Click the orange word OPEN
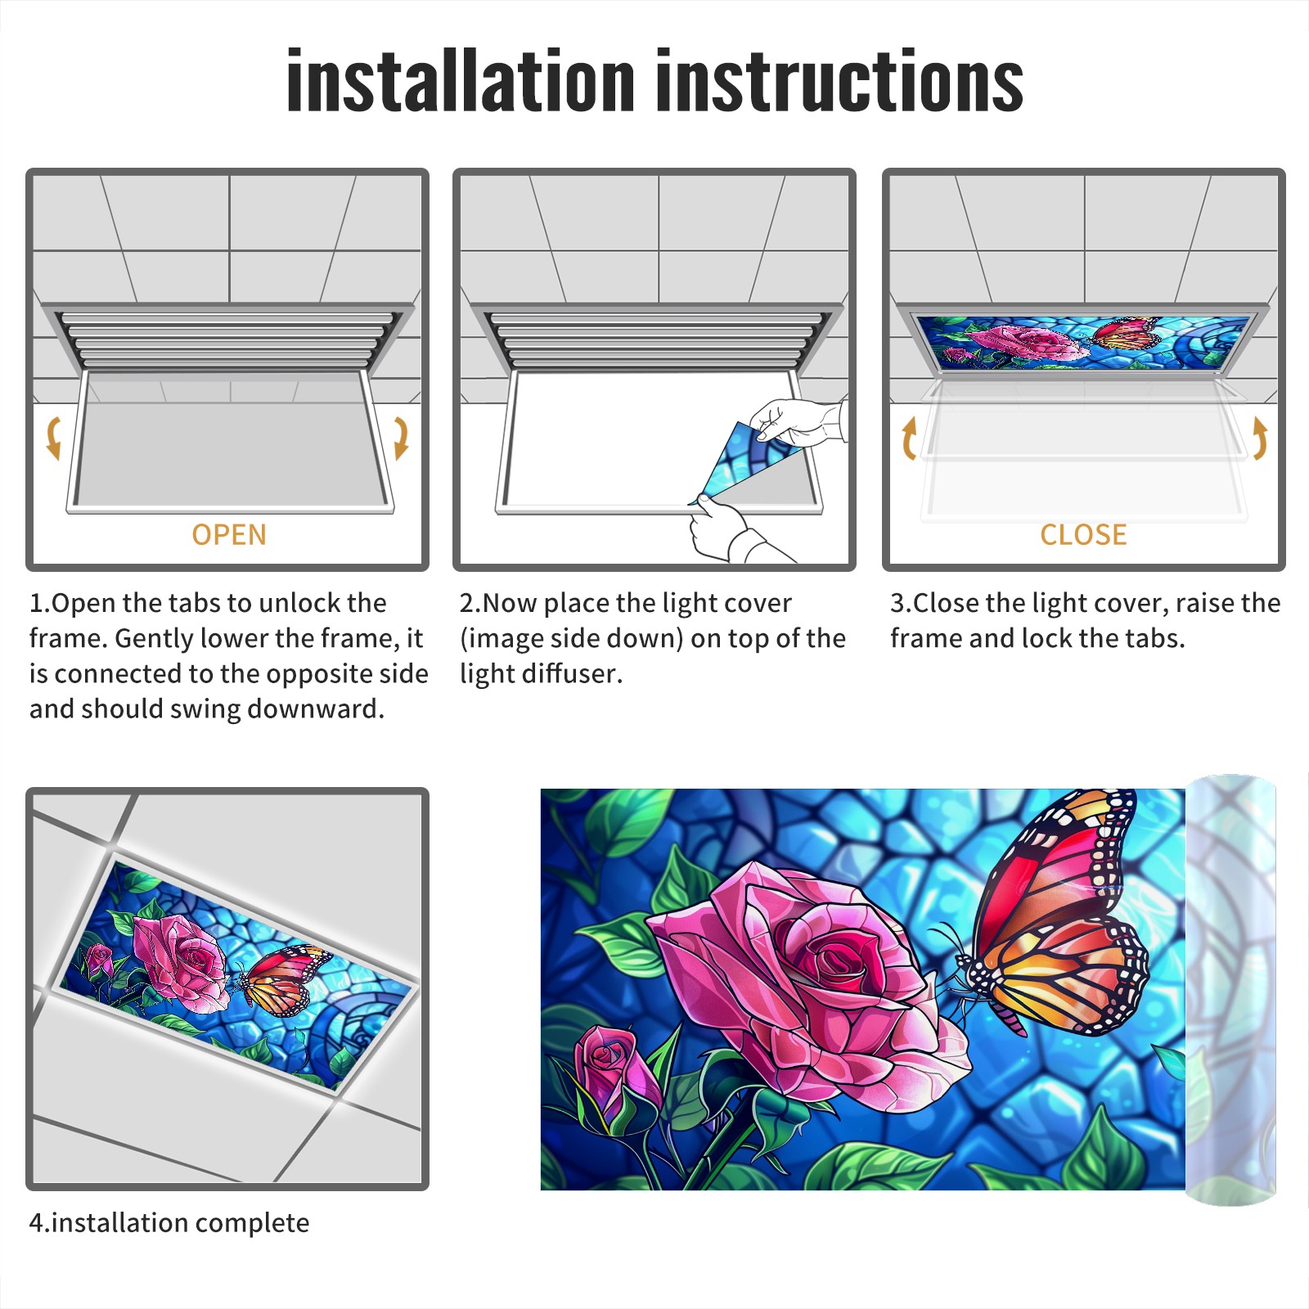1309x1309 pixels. tap(229, 534)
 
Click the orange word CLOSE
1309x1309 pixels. tap(1083, 534)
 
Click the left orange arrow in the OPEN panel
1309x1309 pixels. tap(52, 438)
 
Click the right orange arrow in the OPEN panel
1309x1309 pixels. tap(402, 438)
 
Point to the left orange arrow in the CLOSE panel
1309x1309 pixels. tap(908, 438)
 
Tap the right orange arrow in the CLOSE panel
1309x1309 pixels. tap(1260, 438)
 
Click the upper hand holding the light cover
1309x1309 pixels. tap(798, 421)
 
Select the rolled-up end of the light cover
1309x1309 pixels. tap(1230, 990)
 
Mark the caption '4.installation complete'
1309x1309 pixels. tap(169, 1222)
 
